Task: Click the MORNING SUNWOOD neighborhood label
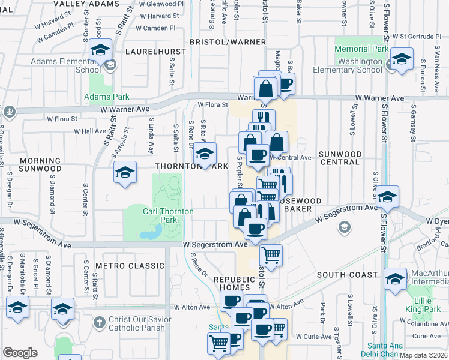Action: (x=40, y=165)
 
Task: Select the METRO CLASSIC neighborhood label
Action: (x=133, y=265)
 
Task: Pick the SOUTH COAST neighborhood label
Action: (x=345, y=274)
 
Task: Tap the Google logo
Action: (x=20, y=353)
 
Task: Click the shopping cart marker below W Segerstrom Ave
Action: (x=271, y=254)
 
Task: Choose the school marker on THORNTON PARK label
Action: (x=205, y=154)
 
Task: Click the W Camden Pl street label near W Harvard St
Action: (x=155, y=28)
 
